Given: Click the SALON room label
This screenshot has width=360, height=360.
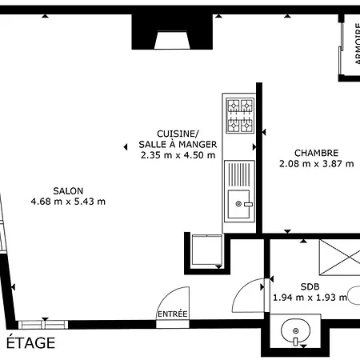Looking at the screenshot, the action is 68,191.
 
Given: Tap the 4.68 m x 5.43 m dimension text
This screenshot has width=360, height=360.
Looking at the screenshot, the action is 68,202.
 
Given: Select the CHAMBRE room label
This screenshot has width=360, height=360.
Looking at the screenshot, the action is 317,153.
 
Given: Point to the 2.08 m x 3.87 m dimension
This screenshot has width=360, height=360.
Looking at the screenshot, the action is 317,163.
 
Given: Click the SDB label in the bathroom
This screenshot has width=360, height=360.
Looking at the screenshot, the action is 310,286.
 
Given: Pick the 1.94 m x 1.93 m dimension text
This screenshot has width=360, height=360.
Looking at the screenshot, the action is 310,297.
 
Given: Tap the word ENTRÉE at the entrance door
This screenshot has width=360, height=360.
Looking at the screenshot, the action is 173,314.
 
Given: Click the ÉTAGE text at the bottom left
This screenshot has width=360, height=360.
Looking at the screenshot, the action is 30,342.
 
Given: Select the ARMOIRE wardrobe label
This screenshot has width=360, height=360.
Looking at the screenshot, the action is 358,43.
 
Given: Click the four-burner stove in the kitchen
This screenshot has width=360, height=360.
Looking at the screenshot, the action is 240,115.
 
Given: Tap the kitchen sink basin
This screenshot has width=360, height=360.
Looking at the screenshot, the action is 239,204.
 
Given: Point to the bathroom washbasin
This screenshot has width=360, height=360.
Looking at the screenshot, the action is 295,331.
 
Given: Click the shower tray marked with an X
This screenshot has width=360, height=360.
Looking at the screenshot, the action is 340,257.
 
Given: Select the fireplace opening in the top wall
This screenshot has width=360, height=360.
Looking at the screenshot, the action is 172,40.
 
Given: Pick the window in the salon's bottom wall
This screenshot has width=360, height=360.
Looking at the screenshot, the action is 43,325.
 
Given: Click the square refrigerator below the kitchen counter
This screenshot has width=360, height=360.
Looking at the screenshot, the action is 207,250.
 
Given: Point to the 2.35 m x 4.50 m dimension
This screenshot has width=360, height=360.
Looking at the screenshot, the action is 178,155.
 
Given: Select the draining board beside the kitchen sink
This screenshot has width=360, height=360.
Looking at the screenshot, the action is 239,174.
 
